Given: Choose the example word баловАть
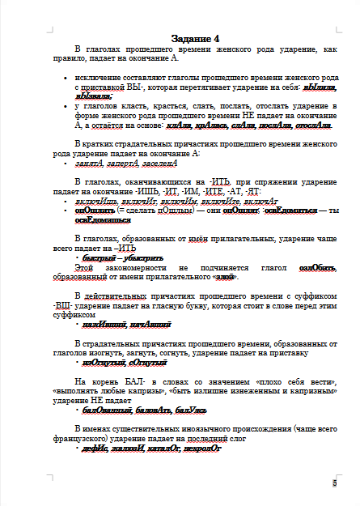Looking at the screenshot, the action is point(151,410).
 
